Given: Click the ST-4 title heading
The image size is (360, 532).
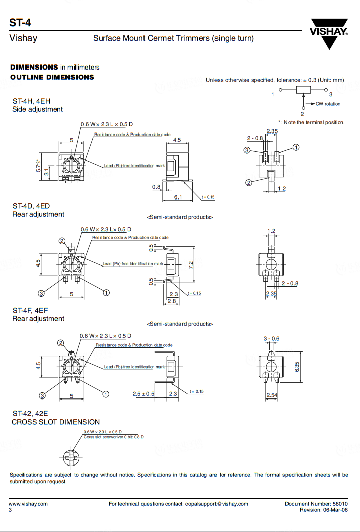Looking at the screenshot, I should click(x=18, y=22).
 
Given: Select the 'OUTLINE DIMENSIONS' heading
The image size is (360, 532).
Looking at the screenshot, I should click(x=52, y=77).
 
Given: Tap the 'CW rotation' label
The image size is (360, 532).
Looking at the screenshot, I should click(x=328, y=104).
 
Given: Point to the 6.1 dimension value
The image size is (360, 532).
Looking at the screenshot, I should click(x=178, y=197).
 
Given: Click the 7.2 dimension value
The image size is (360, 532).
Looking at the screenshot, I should click(x=191, y=265).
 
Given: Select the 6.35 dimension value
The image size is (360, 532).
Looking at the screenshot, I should click(x=297, y=367).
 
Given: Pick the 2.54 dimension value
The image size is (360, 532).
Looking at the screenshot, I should click(x=272, y=395).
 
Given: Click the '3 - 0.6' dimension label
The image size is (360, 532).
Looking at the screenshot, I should click(x=271, y=339).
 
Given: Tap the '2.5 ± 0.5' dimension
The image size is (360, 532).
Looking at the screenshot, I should click(x=143, y=394).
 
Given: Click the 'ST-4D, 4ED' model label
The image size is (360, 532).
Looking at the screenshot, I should click(x=31, y=206).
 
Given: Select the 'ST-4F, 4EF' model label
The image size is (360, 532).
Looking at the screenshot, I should click(x=30, y=310).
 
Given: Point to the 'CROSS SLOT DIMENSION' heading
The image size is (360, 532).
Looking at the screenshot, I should click(x=55, y=422).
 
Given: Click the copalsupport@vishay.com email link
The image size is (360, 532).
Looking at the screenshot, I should click(x=217, y=504).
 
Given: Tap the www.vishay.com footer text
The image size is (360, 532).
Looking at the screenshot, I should click(x=28, y=504).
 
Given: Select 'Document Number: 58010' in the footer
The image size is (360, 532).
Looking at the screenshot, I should click(x=316, y=504).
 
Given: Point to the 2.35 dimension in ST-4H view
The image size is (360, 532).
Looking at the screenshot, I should click(x=272, y=131).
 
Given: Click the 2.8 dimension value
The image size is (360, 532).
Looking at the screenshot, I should click(x=172, y=301).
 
